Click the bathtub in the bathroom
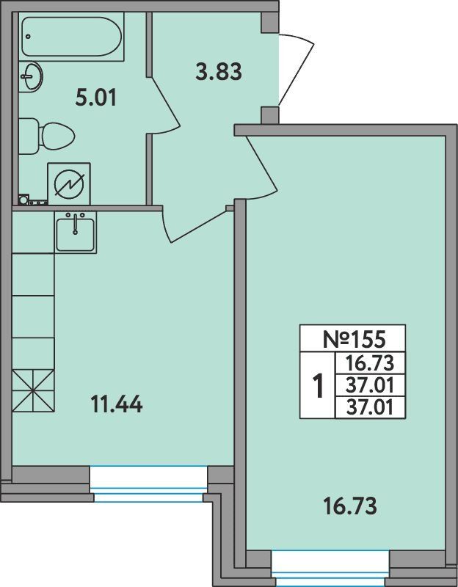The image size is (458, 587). point(71,37)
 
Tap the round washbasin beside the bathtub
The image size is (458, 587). point(31,77)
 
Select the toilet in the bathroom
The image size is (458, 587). point(46,136)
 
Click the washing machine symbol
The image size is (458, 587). point(69,184)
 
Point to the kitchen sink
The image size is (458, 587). point(76,233)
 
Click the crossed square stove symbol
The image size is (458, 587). point(33,391)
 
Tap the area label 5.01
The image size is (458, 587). point(96,98)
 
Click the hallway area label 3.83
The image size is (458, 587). point(219,71)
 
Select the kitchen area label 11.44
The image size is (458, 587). point(117,404)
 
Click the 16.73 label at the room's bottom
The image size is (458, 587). point(350,506)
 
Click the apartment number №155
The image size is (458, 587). point(354,339)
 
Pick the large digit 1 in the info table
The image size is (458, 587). point(318,387)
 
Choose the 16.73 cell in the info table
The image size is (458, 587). point(370,363)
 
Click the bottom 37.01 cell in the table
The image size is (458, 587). point(370,407)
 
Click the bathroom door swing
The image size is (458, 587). point(165,105)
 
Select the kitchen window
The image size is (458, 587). point(148,484)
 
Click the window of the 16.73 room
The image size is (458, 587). point(331,568)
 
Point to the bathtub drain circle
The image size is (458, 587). point(29,37)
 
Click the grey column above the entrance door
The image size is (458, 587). point(269,23)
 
